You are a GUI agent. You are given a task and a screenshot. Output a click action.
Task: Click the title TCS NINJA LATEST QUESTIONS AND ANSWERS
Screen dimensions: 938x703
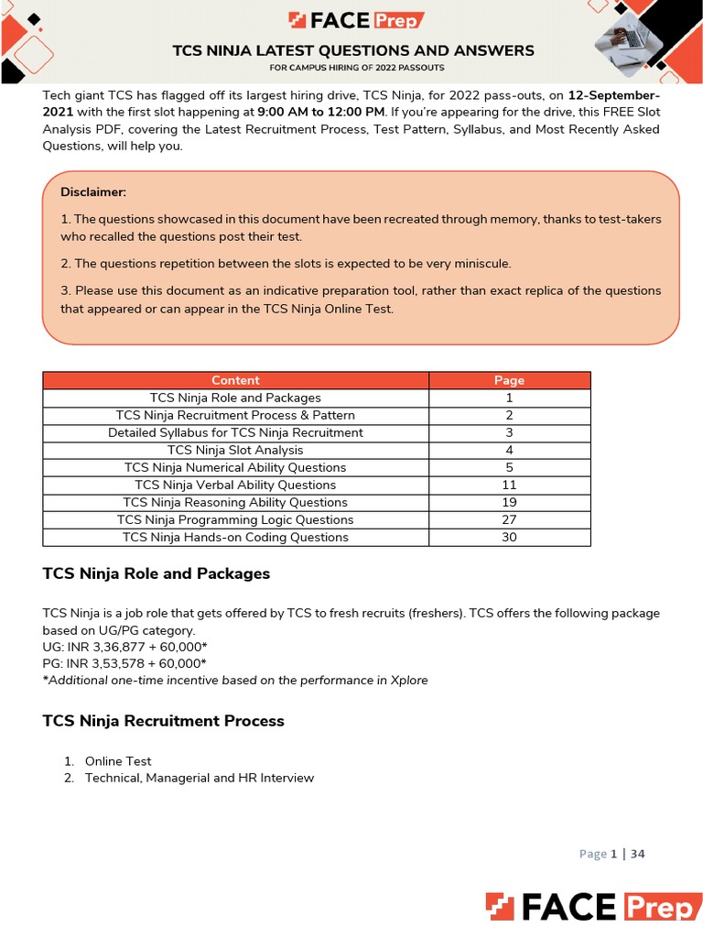(353, 50)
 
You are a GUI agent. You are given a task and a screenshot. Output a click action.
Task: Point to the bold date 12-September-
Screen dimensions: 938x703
(613, 96)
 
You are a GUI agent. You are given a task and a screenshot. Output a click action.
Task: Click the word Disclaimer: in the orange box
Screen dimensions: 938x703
(93, 191)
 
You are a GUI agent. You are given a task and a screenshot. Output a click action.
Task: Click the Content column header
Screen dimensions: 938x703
(235, 380)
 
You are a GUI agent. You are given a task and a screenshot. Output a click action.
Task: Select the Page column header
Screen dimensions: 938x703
(509, 380)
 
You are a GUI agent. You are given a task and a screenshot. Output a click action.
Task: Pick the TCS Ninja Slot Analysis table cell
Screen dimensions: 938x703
(235, 450)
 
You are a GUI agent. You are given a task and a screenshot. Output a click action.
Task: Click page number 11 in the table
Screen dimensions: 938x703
(509, 485)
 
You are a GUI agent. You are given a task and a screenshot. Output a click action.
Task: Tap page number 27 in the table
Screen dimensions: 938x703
(509, 519)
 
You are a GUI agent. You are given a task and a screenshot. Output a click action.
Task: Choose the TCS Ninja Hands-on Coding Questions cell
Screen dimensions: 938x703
(235, 537)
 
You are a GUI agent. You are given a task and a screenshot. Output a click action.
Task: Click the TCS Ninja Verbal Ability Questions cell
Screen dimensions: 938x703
(235, 485)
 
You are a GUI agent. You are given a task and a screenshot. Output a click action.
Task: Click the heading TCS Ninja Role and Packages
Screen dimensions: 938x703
(157, 573)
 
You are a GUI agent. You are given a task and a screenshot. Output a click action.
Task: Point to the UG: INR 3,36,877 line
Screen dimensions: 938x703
(124, 647)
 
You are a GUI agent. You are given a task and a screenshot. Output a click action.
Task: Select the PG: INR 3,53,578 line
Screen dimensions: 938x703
(124, 663)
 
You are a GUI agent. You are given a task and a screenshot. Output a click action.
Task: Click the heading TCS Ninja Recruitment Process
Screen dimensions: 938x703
(164, 721)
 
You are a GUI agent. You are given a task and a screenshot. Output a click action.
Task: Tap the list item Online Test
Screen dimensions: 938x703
(118, 761)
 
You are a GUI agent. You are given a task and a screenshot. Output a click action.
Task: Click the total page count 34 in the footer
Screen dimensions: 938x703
(637, 854)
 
